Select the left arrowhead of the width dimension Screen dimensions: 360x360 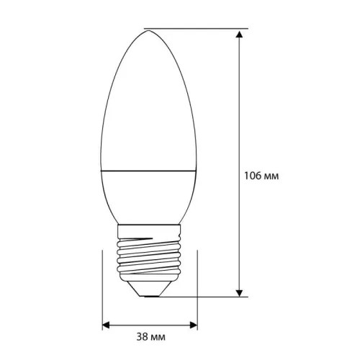click(x=105, y=325)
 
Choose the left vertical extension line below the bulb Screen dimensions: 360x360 click(x=102, y=288)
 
